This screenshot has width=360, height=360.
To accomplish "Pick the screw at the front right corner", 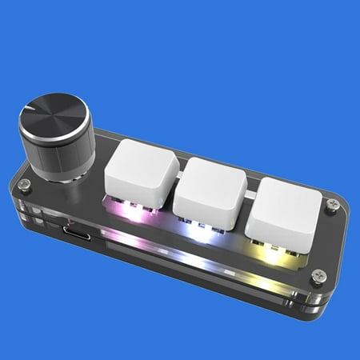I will [318, 275].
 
